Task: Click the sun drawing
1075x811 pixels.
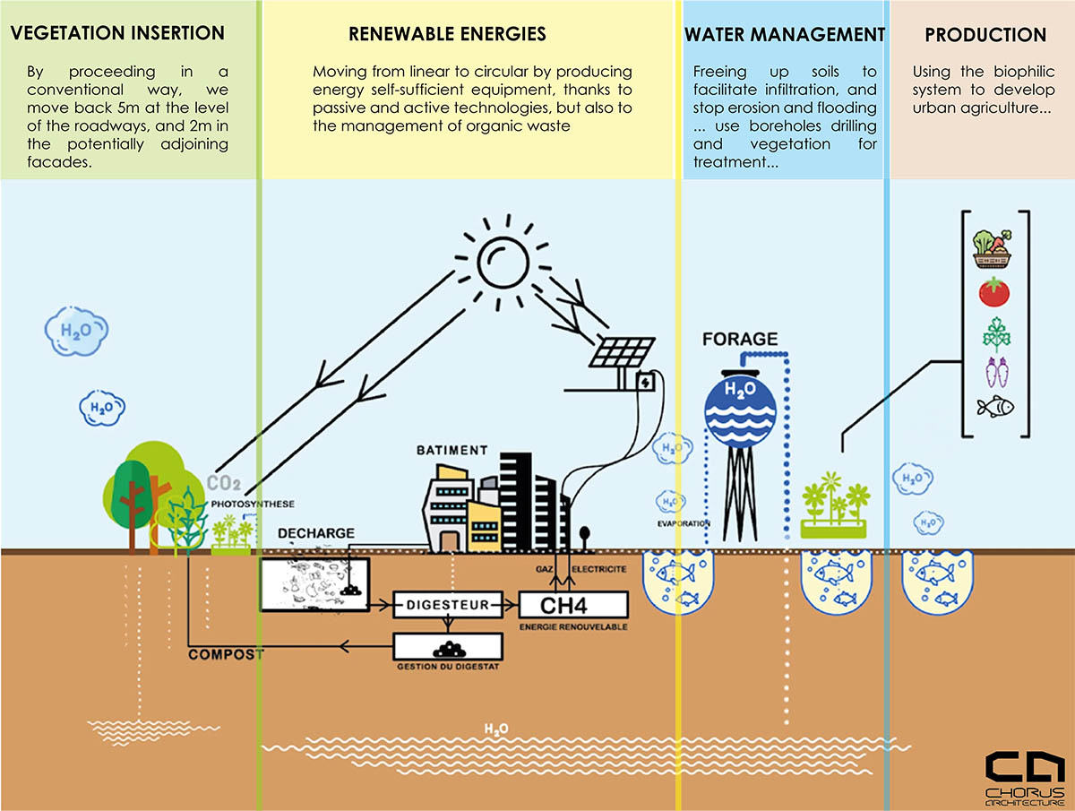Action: pos(506,258)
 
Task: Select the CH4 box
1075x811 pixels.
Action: pos(574,605)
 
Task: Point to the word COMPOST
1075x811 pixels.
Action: pos(226,654)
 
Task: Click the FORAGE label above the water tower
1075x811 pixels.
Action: pos(739,340)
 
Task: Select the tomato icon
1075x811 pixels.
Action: pos(993,291)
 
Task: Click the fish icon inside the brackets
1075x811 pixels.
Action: pos(995,408)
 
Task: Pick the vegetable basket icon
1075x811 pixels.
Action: pos(993,248)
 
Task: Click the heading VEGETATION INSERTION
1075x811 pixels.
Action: pos(116,34)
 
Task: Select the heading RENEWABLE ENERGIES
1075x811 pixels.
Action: pos(447,35)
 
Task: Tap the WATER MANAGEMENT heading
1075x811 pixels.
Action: pos(785,35)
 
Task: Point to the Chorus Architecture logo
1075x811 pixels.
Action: pos(1025,778)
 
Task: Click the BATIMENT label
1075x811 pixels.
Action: pos(452,450)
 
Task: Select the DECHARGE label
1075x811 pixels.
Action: pos(315,533)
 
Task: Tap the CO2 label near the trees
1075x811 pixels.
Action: pos(224,484)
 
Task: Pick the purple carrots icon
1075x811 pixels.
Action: pos(994,371)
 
